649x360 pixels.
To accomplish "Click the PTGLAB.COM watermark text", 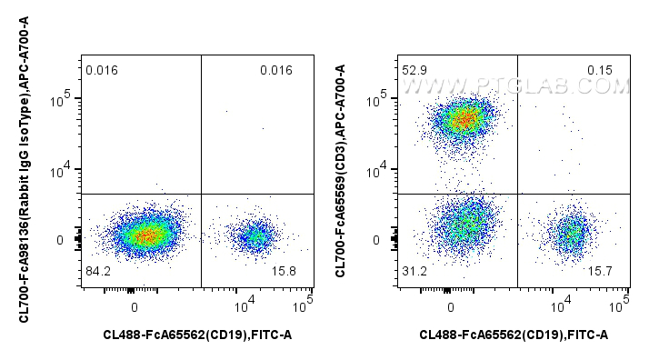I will [514, 86].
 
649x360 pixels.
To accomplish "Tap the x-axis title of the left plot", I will [198, 335].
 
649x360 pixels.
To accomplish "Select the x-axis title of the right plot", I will [514, 335].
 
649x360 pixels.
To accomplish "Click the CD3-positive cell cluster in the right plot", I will [464, 118].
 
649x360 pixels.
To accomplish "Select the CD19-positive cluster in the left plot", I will [255, 237].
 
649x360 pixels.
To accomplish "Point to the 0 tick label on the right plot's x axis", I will [451, 306].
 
